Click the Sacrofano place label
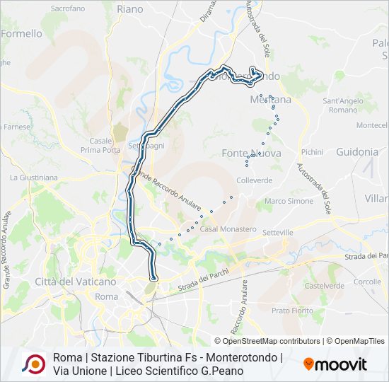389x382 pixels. (x=68, y=8)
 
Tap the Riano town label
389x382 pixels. (x=129, y=9)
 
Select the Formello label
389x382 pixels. (x=21, y=33)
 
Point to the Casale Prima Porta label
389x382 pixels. (x=100, y=145)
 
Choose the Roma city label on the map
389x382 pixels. (x=106, y=296)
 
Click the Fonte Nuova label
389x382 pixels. (x=251, y=153)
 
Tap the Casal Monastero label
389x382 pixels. (x=228, y=229)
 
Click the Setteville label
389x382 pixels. (x=277, y=232)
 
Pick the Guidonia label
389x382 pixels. (x=357, y=151)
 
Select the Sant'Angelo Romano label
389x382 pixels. (x=343, y=105)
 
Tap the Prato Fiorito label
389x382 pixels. (x=292, y=310)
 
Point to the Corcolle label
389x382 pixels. (x=367, y=281)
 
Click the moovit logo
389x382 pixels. (x=335, y=364)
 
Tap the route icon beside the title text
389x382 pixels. (x=34, y=364)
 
